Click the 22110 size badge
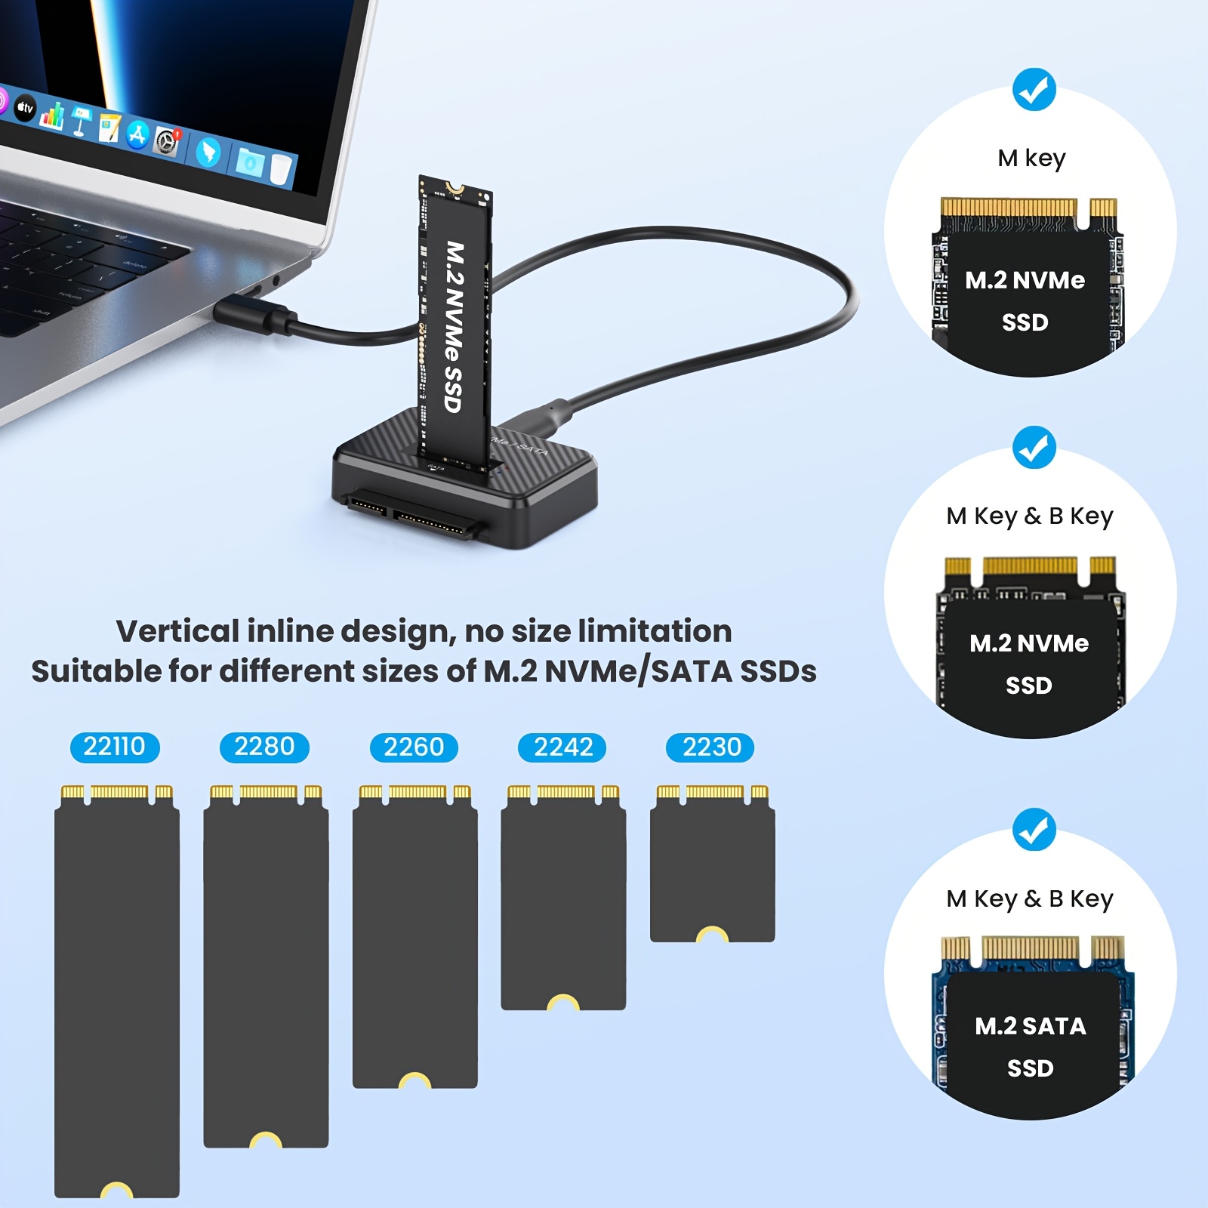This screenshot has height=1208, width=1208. (x=114, y=747)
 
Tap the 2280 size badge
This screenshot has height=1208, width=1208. (x=264, y=747)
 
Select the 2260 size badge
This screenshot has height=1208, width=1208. (x=414, y=747)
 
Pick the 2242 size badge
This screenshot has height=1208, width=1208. (x=562, y=747)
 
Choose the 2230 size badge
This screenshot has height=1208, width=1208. (x=710, y=747)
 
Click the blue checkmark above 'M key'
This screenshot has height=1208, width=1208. (x=1034, y=90)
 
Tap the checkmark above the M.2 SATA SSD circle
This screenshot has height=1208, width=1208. (x=1034, y=829)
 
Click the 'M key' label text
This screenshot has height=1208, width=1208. (x=1031, y=159)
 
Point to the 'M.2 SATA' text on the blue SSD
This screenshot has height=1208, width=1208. (x=1030, y=1026)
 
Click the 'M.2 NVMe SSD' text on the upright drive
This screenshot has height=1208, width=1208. (x=454, y=326)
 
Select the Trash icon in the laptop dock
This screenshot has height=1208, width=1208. (x=281, y=170)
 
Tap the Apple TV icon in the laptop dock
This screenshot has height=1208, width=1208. (x=26, y=108)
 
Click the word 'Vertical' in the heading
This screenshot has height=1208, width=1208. (x=177, y=631)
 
